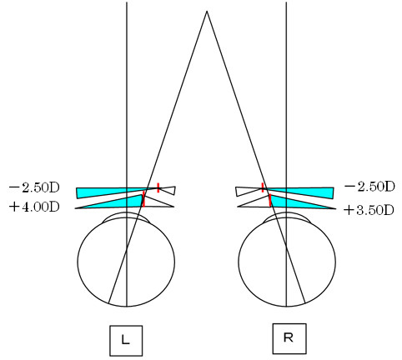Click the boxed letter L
click(126, 340)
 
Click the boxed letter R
click(289, 338)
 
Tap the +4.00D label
click(34, 207)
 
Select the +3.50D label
click(369, 210)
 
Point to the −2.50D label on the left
click(34, 187)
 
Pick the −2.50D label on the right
click(369, 187)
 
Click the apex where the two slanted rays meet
click(207, 11)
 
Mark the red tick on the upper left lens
click(158, 187)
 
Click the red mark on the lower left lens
click(143, 199)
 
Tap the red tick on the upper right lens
click(263, 187)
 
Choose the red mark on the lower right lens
click(269, 201)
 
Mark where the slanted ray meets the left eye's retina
click(108, 303)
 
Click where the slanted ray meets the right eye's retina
click(305, 302)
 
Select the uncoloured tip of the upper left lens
click(168, 190)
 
